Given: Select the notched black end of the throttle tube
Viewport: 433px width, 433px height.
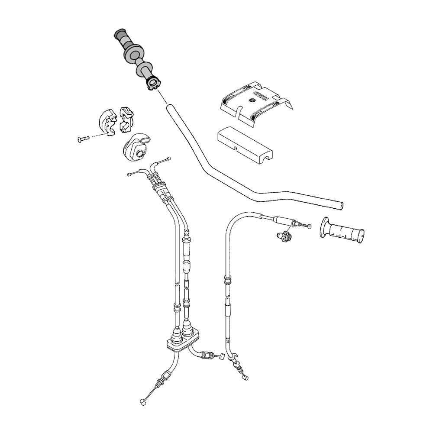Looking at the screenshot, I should click(x=153, y=84).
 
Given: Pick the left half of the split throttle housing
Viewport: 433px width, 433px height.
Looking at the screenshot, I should click(x=107, y=122).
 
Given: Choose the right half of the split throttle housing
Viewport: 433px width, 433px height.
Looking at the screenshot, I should click(x=126, y=117).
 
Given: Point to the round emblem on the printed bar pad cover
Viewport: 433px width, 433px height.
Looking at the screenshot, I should click(x=251, y=101).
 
